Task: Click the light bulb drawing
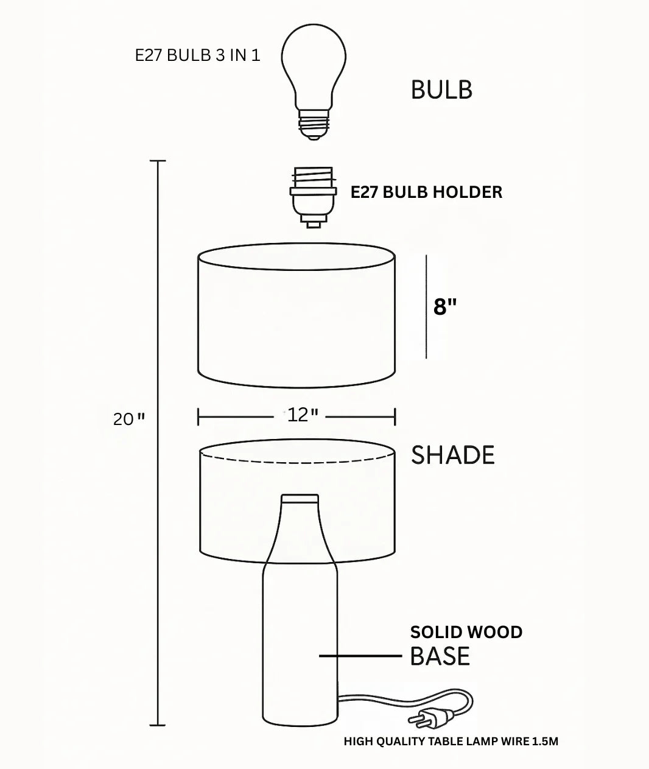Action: (314, 67)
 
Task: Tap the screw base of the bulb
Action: (314, 124)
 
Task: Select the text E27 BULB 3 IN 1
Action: (197, 55)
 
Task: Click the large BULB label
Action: (441, 90)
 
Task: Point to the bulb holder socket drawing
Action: (313, 196)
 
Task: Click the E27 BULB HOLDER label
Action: (426, 192)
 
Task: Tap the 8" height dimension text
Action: (445, 307)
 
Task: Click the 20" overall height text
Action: (129, 419)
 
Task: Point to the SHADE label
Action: (453, 455)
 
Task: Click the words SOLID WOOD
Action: (466, 632)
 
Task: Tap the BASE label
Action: (440, 656)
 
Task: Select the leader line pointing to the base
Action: (360, 656)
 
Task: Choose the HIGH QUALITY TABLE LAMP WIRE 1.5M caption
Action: (451, 742)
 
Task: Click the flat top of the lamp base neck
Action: (300, 497)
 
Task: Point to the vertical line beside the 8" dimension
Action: (426, 307)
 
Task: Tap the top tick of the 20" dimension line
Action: (158, 161)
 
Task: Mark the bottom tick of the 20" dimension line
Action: (158, 725)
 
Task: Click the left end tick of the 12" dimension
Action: (198, 417)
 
